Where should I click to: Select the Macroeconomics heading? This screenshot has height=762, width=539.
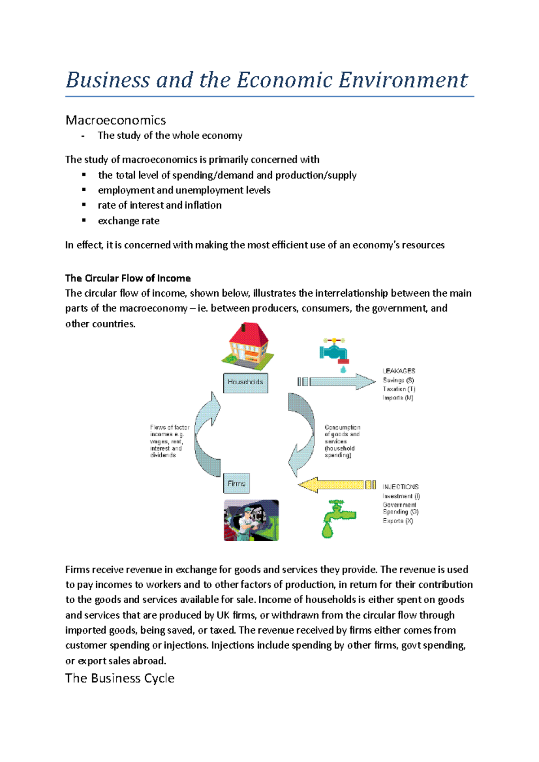coord(115,120)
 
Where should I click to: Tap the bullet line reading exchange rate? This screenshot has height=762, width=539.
coord(128,221)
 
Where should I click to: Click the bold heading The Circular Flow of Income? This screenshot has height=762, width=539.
coord(128,278)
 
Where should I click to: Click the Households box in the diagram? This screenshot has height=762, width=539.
coord(246,382)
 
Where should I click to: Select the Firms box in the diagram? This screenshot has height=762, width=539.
coord(236,484)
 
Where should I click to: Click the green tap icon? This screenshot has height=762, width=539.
coord(337,518)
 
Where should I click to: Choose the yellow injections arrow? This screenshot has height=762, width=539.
coord(335,485)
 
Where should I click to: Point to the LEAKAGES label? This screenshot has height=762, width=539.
coord(399,371)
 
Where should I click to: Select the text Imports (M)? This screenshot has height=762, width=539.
coord(398,398)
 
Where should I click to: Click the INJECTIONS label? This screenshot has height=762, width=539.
coord(401,487)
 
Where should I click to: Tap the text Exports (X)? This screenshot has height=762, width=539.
coord(398,521)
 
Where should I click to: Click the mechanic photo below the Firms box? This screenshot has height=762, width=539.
coord(251,520)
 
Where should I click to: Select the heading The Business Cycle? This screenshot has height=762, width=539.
coord(120,678)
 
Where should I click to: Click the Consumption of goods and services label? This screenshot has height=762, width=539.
coord(342,441)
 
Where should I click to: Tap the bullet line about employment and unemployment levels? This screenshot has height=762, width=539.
coord(184,190)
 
